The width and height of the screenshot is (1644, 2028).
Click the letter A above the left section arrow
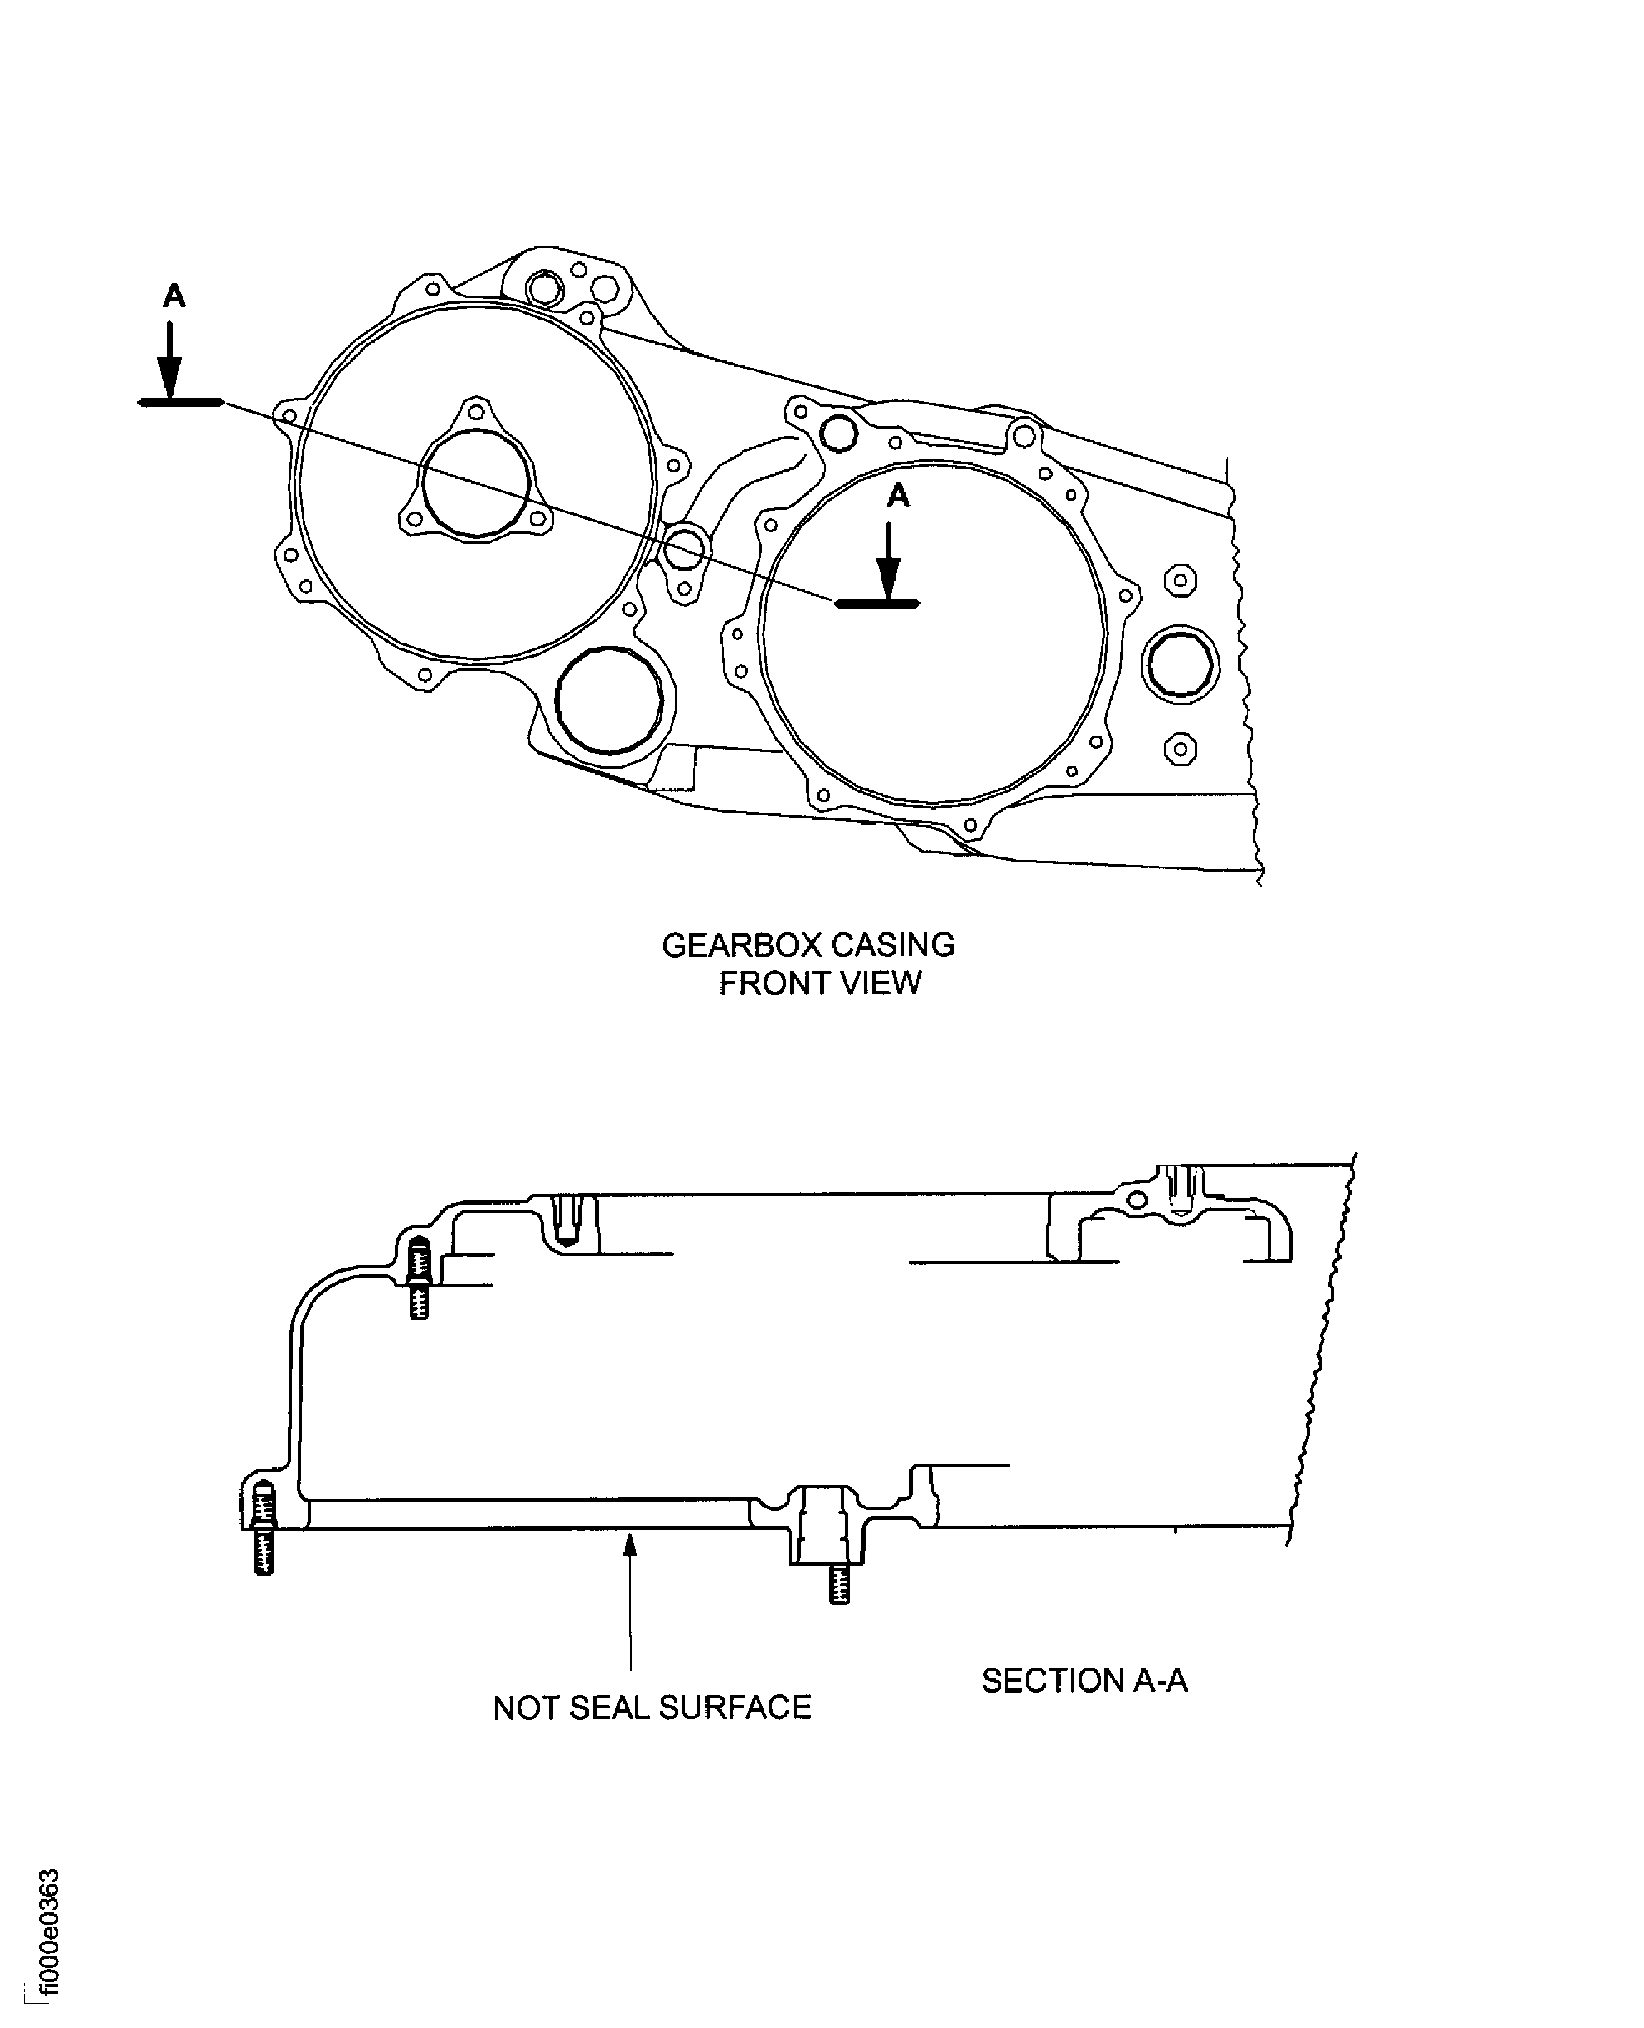(174, 296)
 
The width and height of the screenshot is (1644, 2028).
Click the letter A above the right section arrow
(898, 495)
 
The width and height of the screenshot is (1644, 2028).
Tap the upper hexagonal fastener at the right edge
(1179, 580)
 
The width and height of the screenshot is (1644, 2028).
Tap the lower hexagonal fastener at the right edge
(1179, 749)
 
